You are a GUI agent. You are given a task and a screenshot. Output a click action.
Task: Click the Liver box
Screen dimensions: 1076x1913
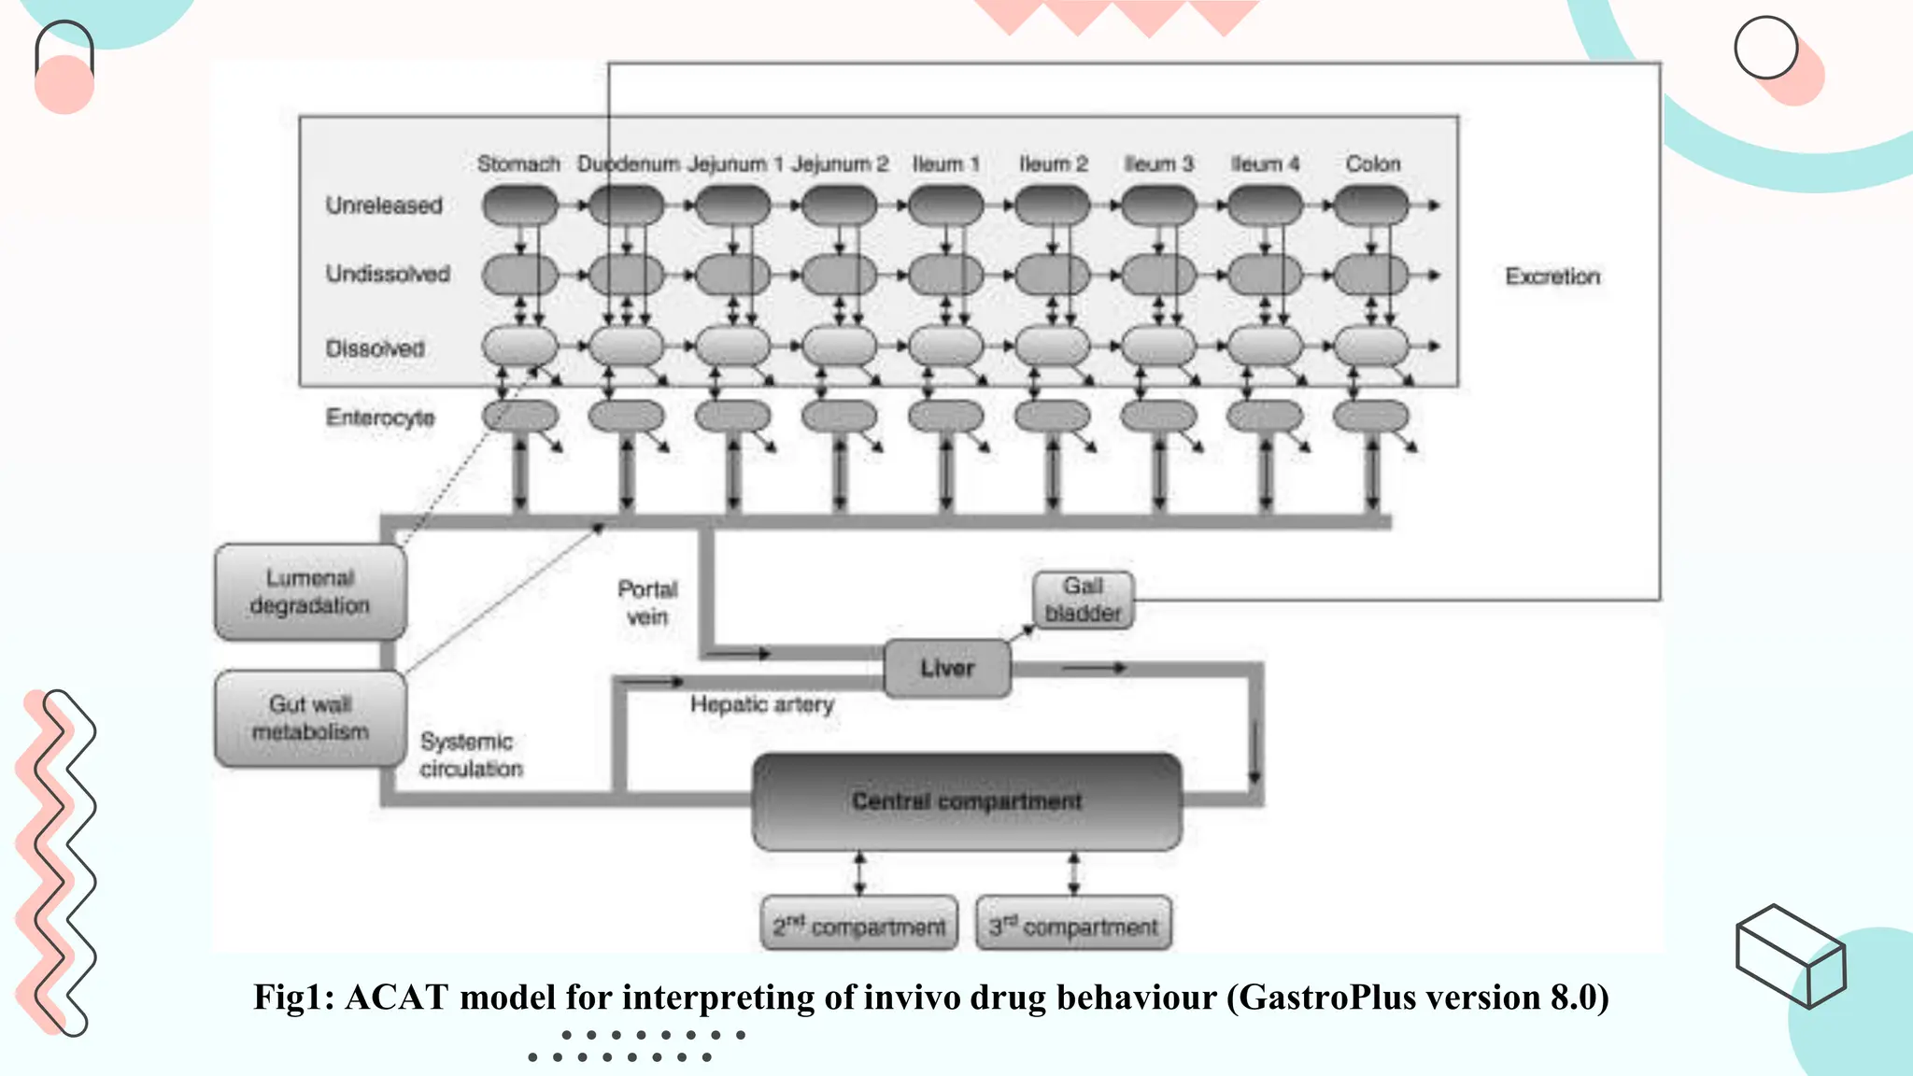click(947, 669)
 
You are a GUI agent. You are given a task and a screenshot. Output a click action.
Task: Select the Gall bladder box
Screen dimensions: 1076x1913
click(1083, 600)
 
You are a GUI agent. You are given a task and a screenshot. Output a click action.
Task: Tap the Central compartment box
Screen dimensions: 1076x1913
click(967, 801)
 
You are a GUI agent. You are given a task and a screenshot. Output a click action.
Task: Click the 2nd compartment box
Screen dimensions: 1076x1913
click(859, 926)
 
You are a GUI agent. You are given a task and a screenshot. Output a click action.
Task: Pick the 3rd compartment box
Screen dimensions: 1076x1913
click(1073, 926)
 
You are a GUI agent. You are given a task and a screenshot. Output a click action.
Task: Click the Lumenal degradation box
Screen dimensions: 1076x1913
click(310, 592)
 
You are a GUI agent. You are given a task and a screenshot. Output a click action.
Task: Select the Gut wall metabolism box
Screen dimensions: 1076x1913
click(310, 718)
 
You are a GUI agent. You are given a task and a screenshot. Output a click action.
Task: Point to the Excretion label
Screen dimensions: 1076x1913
click(1552, 276)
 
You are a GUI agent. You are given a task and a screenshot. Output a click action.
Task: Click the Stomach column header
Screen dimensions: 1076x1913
click(518, 164)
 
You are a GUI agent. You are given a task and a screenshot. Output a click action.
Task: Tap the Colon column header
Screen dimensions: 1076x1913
click(1372, 164)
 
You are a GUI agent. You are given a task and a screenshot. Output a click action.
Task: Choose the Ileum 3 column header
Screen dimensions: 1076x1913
click(1158, 164)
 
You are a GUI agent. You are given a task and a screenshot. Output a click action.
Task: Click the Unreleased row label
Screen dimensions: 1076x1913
click(384, 205)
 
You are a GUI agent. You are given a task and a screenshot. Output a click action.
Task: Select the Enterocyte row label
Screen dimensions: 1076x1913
click(380, 418)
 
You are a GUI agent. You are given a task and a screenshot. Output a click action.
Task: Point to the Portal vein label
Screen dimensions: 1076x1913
click(647, 602)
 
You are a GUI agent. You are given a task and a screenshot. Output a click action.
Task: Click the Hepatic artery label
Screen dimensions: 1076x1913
click(761, 704)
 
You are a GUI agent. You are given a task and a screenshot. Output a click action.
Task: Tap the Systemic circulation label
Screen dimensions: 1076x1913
click(471, 755)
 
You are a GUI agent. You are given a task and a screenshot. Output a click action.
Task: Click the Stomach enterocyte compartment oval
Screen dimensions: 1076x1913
click(520, 416)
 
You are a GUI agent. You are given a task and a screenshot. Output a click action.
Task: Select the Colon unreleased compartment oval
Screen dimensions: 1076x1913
click(1370, 205)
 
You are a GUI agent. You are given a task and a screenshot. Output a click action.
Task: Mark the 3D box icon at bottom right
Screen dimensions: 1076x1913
click(1791, 956)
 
